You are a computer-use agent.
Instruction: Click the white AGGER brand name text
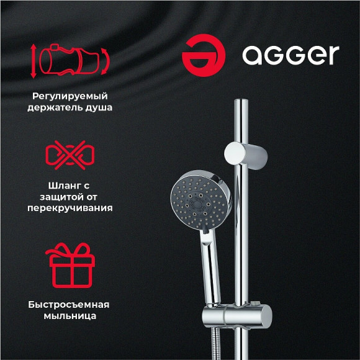click(290, 55)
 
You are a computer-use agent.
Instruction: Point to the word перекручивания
click(70, 208)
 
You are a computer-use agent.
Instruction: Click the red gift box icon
click(70, 263)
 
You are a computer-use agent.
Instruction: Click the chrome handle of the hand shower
click(209, 261)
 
